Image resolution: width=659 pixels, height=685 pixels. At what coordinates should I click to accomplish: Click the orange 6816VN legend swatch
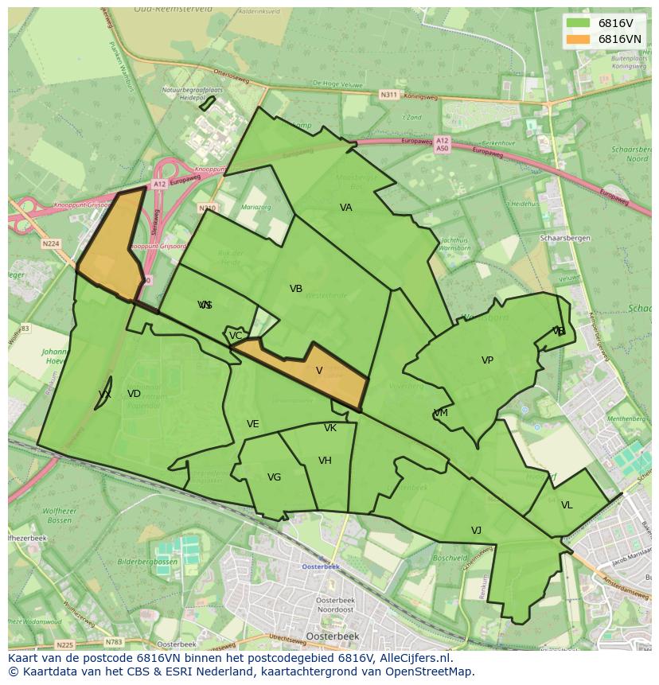579,39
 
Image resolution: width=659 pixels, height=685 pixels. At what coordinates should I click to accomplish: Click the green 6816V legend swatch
579,23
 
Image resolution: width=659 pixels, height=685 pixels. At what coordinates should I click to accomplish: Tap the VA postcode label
345,208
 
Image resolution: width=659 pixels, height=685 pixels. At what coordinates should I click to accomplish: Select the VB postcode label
296,289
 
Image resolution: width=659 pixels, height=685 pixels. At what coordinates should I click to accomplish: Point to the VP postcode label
487,360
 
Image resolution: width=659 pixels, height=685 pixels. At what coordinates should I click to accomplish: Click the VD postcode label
134,394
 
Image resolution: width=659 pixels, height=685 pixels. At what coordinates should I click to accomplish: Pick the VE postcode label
252,424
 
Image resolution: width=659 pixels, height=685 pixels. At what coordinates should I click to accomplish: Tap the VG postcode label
274,477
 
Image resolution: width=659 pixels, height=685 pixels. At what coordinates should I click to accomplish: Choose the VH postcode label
325,461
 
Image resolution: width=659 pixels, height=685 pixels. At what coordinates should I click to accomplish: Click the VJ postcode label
476,531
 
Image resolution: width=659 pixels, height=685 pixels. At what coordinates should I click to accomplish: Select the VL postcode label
567,505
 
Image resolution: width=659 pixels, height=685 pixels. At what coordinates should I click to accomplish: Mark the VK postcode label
330,428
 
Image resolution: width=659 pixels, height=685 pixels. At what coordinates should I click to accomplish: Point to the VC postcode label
236,336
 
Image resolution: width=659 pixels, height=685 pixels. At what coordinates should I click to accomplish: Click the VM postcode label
441,413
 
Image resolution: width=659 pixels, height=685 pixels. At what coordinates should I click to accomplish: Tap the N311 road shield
388,95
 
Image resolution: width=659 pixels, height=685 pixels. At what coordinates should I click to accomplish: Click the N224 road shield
52,243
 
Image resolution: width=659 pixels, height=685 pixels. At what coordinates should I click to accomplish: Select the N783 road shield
114,641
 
